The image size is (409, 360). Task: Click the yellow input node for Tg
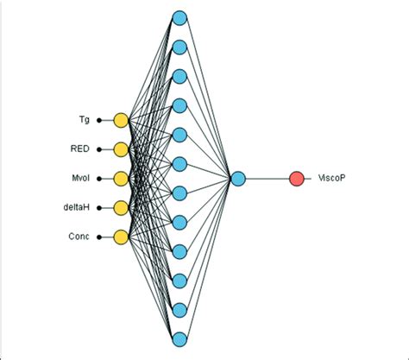point(121,119)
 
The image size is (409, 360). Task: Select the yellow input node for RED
point(121,148)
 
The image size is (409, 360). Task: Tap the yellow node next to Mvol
point(121,178)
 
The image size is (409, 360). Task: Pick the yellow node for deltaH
point(121,207)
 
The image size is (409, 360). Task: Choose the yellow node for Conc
point(121,237)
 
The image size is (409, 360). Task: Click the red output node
point(297,179)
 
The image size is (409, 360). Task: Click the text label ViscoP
point(332,179)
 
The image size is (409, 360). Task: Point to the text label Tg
point(84,119)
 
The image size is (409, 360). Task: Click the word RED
point(80,148)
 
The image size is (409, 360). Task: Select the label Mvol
point(79,179)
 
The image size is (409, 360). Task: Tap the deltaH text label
point(77,207)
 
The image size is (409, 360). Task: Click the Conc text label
point(79,237)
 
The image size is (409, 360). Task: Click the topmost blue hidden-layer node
point(179,17)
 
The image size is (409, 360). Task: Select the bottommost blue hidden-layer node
point(179,338)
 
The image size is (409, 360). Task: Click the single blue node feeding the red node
point(238,179)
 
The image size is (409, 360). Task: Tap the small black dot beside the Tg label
point(99,119)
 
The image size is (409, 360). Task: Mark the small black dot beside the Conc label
point(99,237)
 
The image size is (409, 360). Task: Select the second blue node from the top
point(179,47)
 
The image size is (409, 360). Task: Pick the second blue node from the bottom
point(179,309)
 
